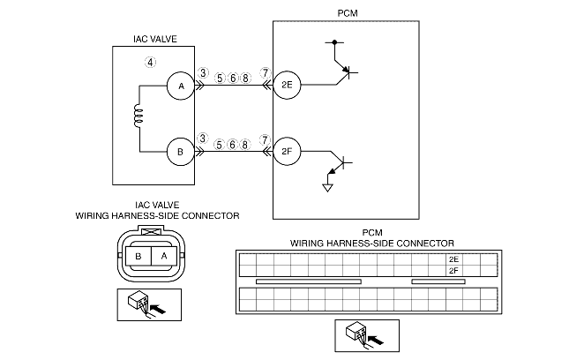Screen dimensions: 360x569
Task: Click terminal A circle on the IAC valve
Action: click(x=181, y=86)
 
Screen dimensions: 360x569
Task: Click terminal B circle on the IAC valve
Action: click(x=181, y=152)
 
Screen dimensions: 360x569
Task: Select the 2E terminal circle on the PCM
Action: click(x=287, y=86)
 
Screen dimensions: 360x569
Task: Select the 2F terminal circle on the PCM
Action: click(x=287, y=152)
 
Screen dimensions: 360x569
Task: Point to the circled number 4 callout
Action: click(x=151, y=63)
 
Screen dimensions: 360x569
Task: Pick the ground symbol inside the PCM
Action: click(x=328, y=186)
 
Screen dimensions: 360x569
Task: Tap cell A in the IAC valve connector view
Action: click(x=163, y=255)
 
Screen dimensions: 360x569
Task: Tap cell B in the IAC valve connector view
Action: click(x=139, y=255)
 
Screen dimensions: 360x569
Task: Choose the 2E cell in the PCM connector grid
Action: click(x=453, y=259)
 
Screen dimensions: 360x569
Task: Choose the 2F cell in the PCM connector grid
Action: click(x=453, y=272)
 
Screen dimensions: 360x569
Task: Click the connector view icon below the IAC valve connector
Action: click(x=142, y=304)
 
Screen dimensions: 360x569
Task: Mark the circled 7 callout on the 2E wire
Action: click(x=265, y=72)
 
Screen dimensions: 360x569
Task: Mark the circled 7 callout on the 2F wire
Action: click(x=265, y=139)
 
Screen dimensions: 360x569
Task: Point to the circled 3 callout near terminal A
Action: click(x=203, y=72)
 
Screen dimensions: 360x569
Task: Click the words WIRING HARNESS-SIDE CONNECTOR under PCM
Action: click(x=371, y=243)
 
